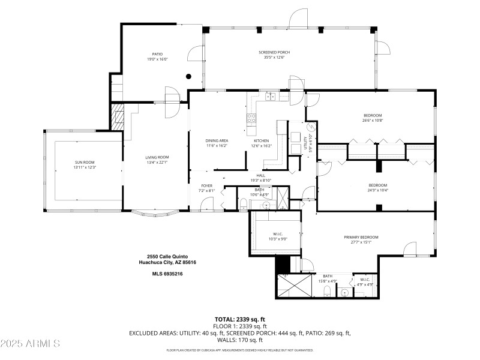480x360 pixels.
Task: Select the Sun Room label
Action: [x=85, y=162]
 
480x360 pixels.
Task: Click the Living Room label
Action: [x=157, y=157]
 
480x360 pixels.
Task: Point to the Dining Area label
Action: [x=217, y=140]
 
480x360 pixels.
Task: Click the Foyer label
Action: [x=206, y=186]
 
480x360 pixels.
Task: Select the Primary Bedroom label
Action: [x=361, y=237]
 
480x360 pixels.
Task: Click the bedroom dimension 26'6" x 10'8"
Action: [x=372, y=121]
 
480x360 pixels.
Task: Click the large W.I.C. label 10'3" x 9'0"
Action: [x=278, y=236]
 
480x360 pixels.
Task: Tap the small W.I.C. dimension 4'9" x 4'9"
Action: [x=365, y=284]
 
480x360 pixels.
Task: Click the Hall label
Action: [x=261, y=176]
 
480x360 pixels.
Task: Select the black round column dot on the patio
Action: [x=188, y=76]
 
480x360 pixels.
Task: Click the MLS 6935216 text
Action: [x=167, y=274]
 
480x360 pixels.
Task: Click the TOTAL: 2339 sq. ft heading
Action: [x=240, y=319]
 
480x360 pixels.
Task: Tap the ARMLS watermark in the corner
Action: [x=30, y=344]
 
